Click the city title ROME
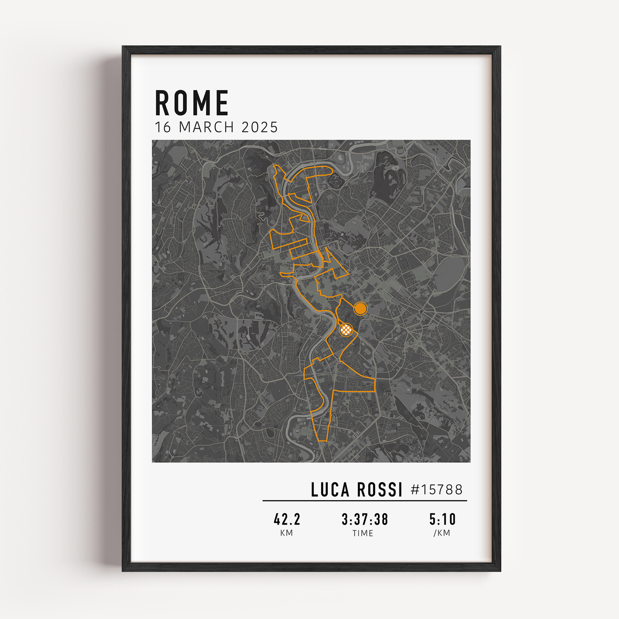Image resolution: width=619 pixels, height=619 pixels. point(191,103)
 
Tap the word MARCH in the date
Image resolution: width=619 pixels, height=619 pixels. point(206,128)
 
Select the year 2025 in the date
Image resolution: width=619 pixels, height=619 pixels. point(260,128)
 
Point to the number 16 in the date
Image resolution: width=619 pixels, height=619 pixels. point(163,128)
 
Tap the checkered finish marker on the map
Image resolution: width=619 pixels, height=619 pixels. point(346,330)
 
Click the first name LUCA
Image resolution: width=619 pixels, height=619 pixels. point(330,490)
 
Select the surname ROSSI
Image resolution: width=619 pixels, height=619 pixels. point(379,490)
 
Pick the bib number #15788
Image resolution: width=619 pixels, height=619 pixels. point(437,490)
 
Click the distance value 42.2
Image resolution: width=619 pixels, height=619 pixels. point(287,519)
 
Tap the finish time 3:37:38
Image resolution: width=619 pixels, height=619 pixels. point(365,519)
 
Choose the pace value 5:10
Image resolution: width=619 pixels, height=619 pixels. point(443,519)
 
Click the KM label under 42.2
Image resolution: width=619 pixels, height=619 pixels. point(286,533)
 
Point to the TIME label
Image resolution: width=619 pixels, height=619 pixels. point(363,534)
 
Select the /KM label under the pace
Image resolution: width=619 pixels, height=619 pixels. point(442,533)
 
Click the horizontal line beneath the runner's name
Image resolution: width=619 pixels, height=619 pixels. point(365,500)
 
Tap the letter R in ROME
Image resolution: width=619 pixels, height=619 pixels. point(162,103)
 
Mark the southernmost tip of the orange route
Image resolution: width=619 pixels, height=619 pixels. point(322,441)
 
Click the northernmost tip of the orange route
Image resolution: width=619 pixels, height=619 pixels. point(275,166)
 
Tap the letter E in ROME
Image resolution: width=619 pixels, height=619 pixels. point(222,103)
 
